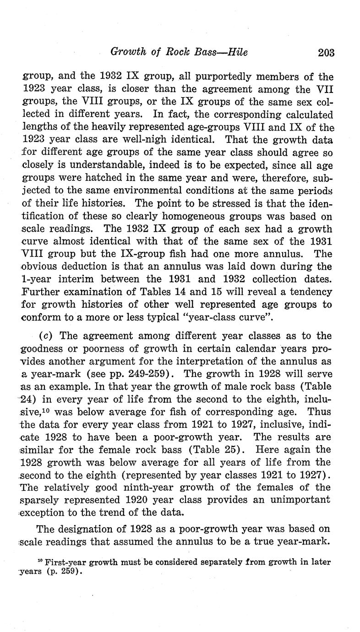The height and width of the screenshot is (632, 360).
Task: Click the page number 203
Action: [326, 53]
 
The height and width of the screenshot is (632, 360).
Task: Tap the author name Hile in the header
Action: [237, 52]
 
